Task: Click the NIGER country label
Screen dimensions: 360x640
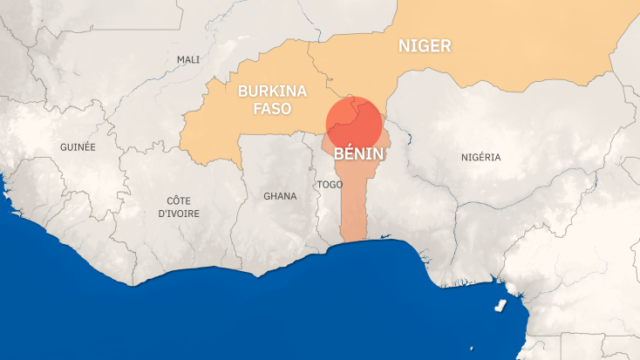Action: coord(425,46)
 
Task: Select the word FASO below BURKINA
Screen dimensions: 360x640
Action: coord(264,110)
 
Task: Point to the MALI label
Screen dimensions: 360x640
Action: coord(188,59)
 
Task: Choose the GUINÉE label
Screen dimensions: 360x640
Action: coord(78,147)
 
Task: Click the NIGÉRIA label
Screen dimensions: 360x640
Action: coord(480,157)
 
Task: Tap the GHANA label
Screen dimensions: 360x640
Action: coord(280,196)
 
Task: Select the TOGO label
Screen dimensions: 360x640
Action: coord(330,185)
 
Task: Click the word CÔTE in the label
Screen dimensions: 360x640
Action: coord(179,200)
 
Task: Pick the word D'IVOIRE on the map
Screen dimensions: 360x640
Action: coord(179,214)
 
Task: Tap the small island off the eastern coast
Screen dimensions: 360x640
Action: coord(500,306)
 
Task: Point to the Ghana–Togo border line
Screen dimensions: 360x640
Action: coord(320,209)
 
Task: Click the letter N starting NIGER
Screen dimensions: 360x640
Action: coord(404,46)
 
